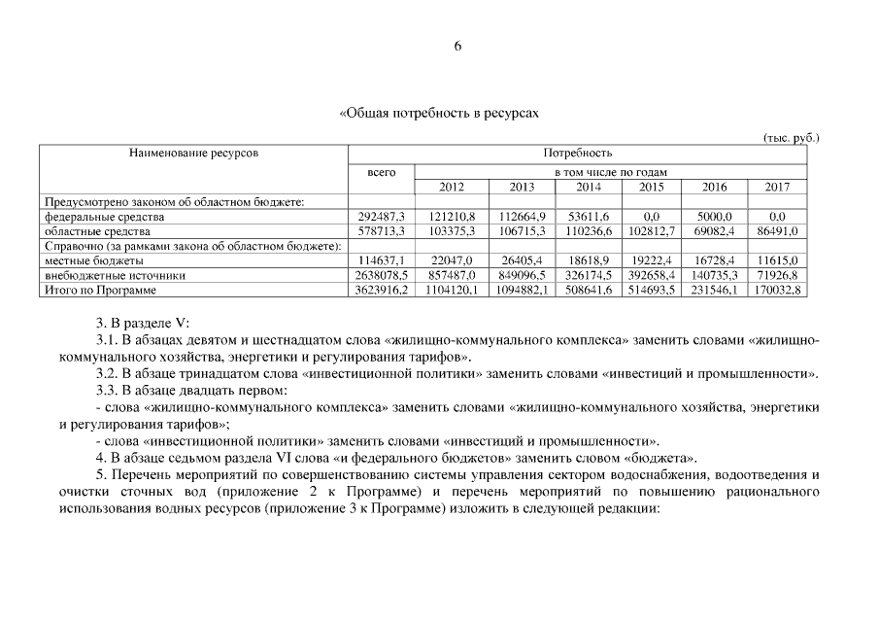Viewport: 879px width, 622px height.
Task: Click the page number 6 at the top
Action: pos(457,48)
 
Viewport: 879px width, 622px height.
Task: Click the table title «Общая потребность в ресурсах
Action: pos(439,114)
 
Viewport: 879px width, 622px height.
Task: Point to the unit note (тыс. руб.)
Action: pos(792,137)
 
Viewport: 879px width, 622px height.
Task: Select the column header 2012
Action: pos(452,187)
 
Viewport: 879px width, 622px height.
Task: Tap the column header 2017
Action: pos(777,187)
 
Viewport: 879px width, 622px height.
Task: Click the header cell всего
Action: pos(381,172)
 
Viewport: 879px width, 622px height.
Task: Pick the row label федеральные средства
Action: pos(105,217)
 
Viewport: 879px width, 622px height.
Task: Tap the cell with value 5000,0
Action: pos(714,217)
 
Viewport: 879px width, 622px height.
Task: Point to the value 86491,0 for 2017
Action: pos(778,231)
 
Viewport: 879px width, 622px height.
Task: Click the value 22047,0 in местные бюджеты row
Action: pos(452,261)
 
